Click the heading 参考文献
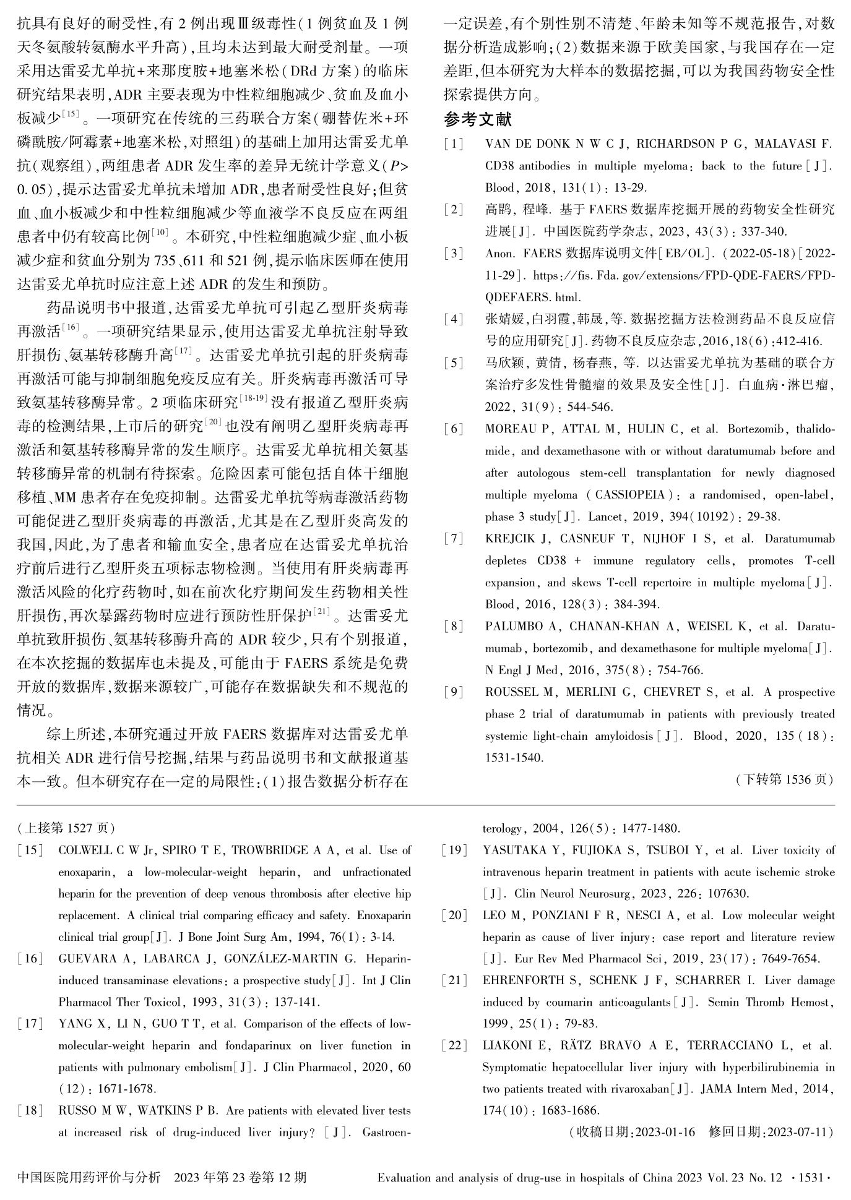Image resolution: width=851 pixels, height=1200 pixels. pyautogui.click(x=478, y=119)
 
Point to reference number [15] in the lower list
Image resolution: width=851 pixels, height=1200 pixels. pyautogui.click(x=30, y=851)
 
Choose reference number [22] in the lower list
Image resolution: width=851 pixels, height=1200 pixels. pyautogui.click(x=455, y=1045)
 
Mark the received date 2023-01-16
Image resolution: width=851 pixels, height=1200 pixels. pyautogui.click(x=665, y=1133)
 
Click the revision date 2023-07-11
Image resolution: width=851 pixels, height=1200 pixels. pyautogui.click(x=798, y=1133)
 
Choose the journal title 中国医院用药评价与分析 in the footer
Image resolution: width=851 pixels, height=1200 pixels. pyautogui.click(x=89, y=1177)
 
